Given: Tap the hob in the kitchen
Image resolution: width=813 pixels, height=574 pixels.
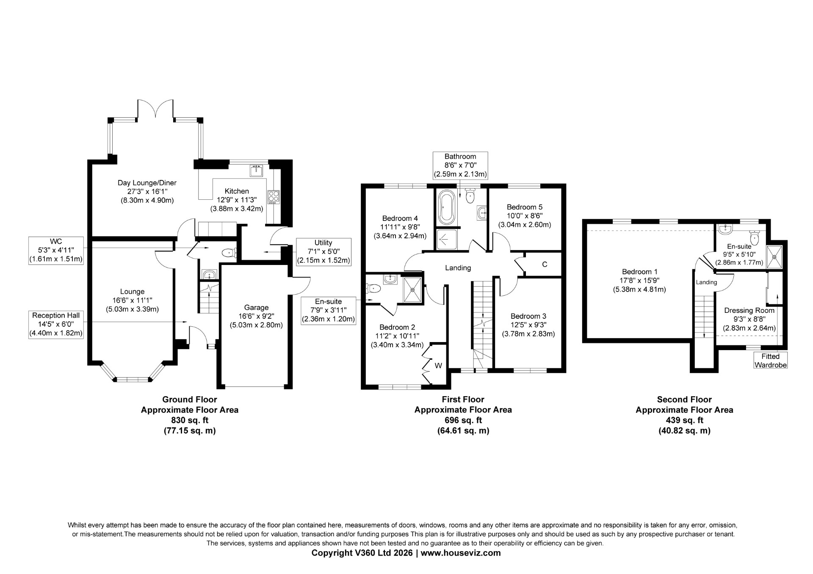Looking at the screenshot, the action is point(274,197).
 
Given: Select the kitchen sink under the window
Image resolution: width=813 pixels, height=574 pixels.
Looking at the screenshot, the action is point(257,170).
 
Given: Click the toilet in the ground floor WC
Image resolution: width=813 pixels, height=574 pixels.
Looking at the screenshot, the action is point(229,253).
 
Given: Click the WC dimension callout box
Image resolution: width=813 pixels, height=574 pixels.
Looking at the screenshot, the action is point(56,251).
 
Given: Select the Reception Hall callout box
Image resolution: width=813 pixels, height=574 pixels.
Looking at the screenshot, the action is point(56,324).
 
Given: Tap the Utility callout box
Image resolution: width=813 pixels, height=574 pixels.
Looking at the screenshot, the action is point(324,251).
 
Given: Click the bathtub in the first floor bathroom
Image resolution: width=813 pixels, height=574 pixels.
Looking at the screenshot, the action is point(446,207).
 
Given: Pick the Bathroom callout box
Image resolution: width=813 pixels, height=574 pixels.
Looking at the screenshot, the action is point(460,165).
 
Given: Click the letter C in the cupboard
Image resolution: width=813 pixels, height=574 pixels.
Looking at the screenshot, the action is point(545,264).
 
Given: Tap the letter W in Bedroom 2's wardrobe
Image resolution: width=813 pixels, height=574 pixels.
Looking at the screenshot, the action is point(438,365).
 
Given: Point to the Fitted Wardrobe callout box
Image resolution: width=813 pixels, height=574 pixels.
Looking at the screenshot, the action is point(770,360).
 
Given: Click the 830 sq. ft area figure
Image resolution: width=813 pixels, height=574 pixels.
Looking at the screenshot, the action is point(190,420).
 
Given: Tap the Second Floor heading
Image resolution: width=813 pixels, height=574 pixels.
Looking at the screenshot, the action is point(684,399).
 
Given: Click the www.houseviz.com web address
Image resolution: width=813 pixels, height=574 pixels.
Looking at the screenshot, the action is point(461,553).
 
